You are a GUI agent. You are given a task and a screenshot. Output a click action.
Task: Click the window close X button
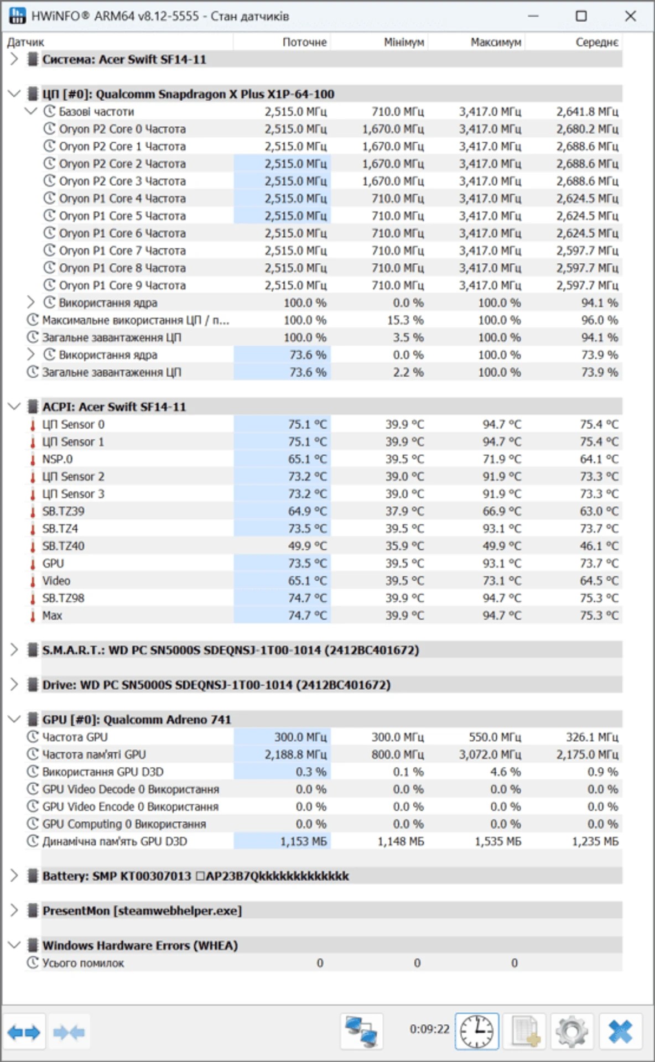point(630,16)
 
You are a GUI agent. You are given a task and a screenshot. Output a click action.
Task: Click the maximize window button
point(581,16)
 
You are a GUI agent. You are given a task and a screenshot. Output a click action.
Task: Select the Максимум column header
point(496,43)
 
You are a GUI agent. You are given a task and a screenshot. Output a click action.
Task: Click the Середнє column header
point(596,43)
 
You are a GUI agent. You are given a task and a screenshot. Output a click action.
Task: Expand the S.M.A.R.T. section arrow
point(14,650)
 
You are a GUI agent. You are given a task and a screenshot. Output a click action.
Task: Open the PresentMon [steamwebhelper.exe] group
point(14,910)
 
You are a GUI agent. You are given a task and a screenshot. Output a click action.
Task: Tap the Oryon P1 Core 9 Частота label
point(122,285)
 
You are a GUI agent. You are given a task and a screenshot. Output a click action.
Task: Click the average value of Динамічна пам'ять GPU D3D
point(595,841)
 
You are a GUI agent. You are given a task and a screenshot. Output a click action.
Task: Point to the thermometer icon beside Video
point(33,581)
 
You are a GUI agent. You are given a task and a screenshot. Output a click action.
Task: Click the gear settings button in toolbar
point(571,1032)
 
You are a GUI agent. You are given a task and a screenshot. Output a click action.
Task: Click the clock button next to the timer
point(476,1032)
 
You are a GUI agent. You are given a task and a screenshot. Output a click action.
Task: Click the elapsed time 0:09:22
point(429,1029)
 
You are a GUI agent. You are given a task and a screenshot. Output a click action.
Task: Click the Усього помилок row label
point(83,963)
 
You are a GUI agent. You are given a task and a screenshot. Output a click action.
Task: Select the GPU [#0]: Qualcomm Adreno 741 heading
point(137,720)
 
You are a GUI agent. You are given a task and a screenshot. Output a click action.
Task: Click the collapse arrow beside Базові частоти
point(31,111)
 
